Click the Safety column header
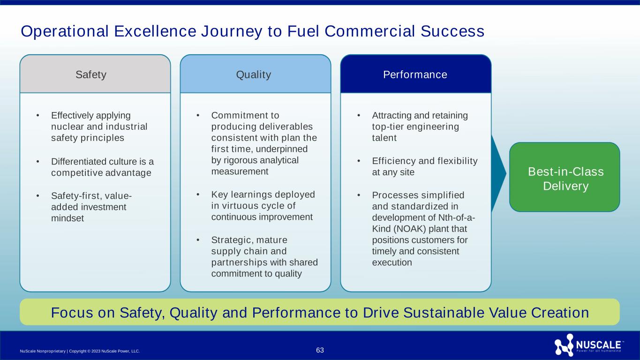[95, 74]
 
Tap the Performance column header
[416, 74]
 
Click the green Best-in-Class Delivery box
[565, 177]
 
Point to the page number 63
[320, 350]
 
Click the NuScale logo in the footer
[588, 346]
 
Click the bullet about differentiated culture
[102, 167]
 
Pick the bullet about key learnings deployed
[263, 205]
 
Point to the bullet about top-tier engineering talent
[420, 127]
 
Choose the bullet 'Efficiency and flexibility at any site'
[424, 166]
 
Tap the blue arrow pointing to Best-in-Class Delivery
[499, 172]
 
